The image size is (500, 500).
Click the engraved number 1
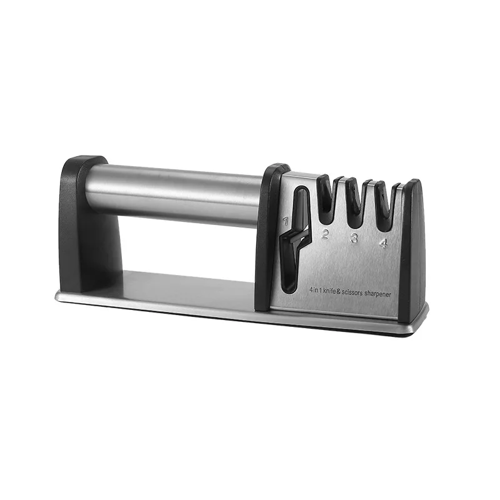286,220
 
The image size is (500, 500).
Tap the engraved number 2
325,235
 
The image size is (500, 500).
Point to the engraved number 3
354,238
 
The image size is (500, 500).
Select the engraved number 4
383,244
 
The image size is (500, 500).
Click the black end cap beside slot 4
413,250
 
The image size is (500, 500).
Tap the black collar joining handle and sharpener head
267,237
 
